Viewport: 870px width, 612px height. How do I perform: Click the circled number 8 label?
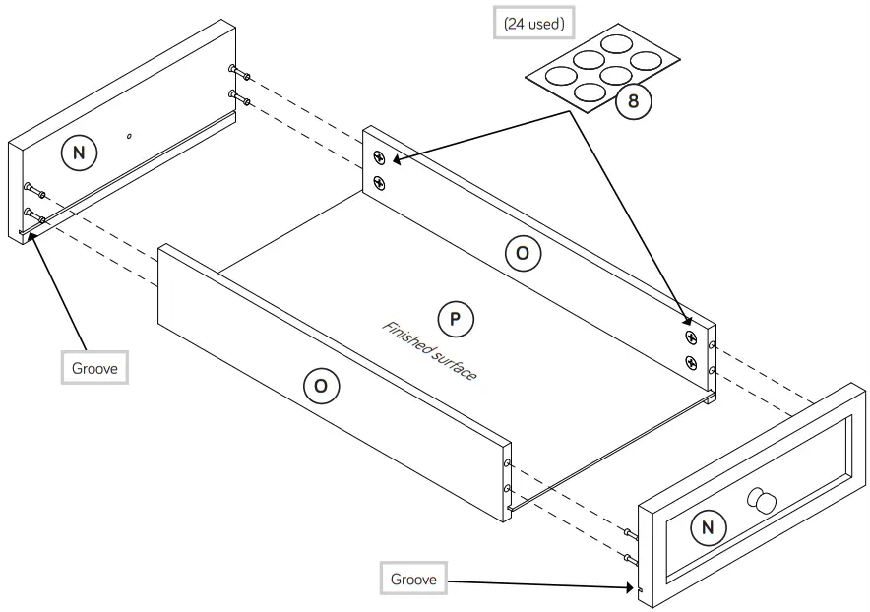[x=634, y=102]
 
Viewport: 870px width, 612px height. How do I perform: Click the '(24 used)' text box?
[x=533, y=24]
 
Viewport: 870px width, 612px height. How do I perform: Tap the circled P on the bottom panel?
[x=456, y=319]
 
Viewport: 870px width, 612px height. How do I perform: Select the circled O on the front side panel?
[x=320, y=386]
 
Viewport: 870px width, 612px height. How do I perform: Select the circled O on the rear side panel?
[x=523, y=254]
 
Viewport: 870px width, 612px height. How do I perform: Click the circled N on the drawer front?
[x=706, y=528]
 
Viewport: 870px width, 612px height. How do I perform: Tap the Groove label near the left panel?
[x=93, y=369]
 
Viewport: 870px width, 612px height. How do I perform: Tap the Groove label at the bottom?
[x=413, y=579]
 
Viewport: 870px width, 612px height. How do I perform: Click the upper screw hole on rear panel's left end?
[x=379, y=157]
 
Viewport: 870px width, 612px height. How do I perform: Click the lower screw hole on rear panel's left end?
[x=379, y=182]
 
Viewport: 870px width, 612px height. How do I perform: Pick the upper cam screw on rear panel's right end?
[x=691, y=337]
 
